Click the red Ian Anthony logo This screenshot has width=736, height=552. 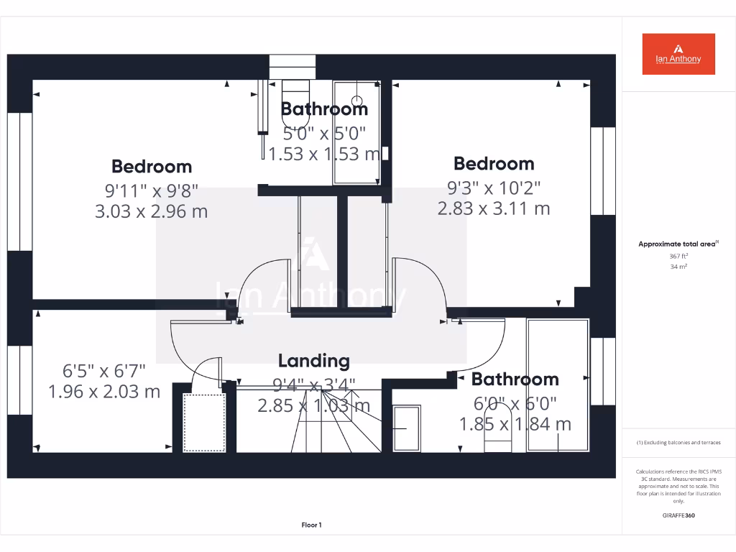[x=678, y=54]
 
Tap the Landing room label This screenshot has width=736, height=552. [x=313, y=361]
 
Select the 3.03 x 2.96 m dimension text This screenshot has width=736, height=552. [x=151, y=211]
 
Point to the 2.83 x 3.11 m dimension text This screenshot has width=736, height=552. [x=494, y=208]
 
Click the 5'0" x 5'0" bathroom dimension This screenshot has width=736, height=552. [x=324, y=133]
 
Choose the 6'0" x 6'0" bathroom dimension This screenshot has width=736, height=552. [x=515, y=404]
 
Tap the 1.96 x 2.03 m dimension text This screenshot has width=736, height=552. [x=104, y=392]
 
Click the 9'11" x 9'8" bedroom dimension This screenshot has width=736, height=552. [x=151, y=190]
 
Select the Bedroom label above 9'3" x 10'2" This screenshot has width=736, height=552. [x=494, y=163]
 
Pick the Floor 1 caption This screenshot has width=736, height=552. [x=311, y=525]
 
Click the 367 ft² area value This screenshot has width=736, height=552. [x=678, y=256]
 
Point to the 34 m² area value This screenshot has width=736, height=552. [x=678, y=267]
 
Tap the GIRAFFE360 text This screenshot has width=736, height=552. [x=678, y=515]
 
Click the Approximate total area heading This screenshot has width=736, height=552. [x=678, y=244]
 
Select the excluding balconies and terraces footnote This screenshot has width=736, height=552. [x=678, y=443]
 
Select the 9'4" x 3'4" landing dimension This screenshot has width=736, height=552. [x=313, y=385]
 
